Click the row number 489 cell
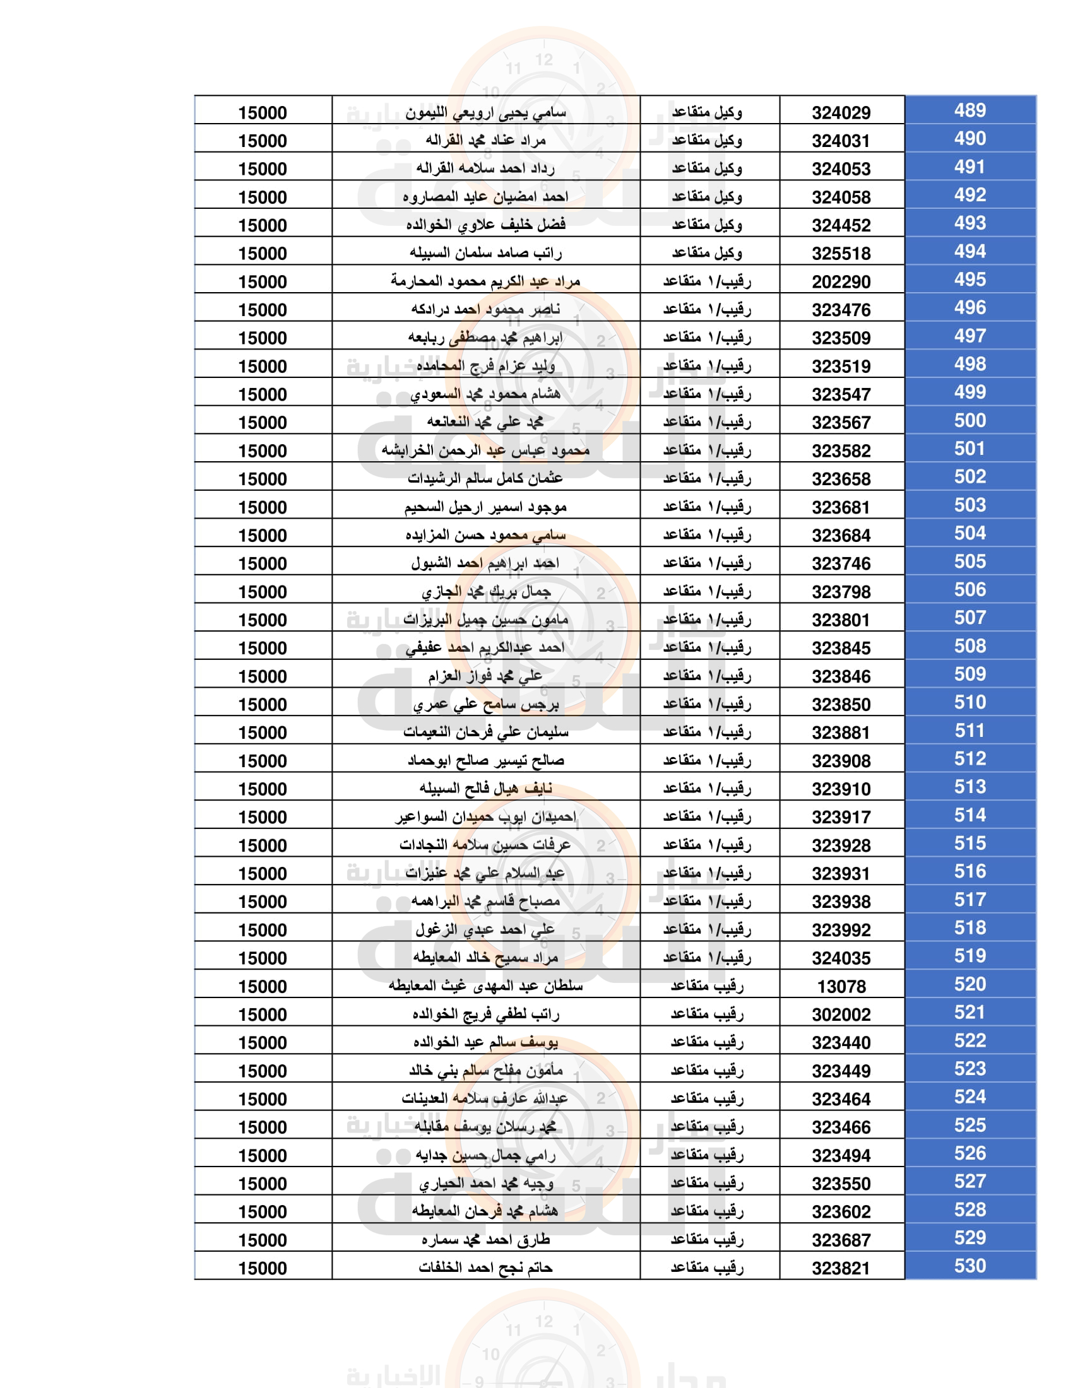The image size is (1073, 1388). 969,110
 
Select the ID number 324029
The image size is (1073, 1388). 840,113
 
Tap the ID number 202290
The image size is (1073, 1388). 840,282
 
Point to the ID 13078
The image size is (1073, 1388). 841,987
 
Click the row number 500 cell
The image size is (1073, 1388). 969,421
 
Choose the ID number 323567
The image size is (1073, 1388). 840,423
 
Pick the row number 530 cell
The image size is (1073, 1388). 969,1266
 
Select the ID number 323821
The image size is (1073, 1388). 840,1269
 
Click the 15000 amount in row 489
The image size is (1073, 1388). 263,113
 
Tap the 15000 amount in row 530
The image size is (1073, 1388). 263,1269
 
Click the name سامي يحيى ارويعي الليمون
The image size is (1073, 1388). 485,113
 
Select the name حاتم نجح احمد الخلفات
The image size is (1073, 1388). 485,1268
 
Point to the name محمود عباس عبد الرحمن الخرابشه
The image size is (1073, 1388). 485,450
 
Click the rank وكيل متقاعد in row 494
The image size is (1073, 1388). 707,253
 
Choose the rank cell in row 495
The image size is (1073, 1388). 707,281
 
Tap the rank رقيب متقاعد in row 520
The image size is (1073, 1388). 707,986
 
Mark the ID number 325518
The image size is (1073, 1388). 840,254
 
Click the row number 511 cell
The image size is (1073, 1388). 969,731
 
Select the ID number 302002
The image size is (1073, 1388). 840,1015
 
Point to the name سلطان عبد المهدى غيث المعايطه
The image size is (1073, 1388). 485,986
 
